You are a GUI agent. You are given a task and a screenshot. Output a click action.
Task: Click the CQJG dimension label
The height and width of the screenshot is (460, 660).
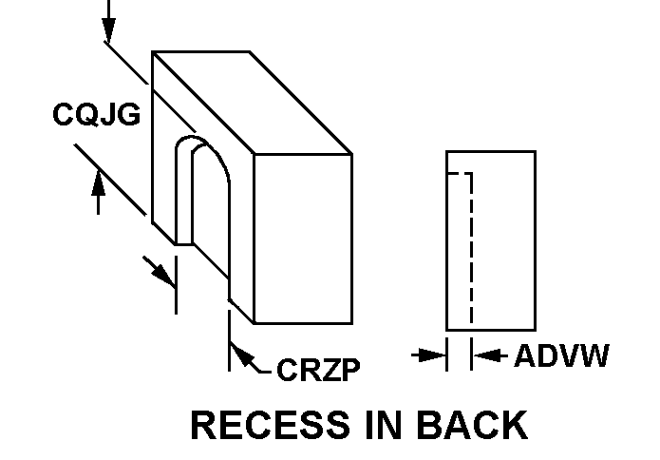point(96,115)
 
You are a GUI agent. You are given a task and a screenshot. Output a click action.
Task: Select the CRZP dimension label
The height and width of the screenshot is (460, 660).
point(319,369)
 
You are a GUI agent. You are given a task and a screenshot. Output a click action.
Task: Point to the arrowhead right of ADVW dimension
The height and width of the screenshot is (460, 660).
point(483,355)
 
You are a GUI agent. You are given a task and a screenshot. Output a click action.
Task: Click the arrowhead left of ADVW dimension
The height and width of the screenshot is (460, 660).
point(436,355)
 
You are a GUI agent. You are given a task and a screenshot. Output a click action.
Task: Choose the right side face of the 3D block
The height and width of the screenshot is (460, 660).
point(303,238)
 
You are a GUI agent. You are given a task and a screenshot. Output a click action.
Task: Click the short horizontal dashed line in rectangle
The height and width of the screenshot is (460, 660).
point(459,175)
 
